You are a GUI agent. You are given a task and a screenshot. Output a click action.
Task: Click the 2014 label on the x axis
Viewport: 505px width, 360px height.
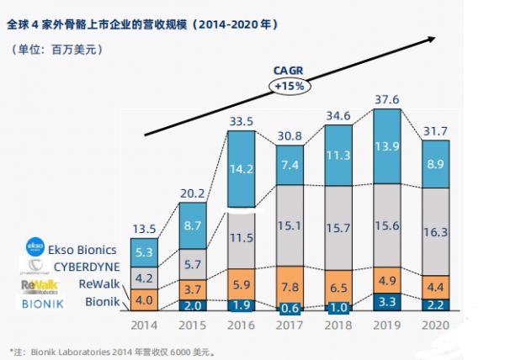144,325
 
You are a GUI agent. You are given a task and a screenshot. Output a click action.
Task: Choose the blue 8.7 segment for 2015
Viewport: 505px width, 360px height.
194,225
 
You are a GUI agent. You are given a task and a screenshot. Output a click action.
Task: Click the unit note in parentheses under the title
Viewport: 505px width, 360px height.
57,50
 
